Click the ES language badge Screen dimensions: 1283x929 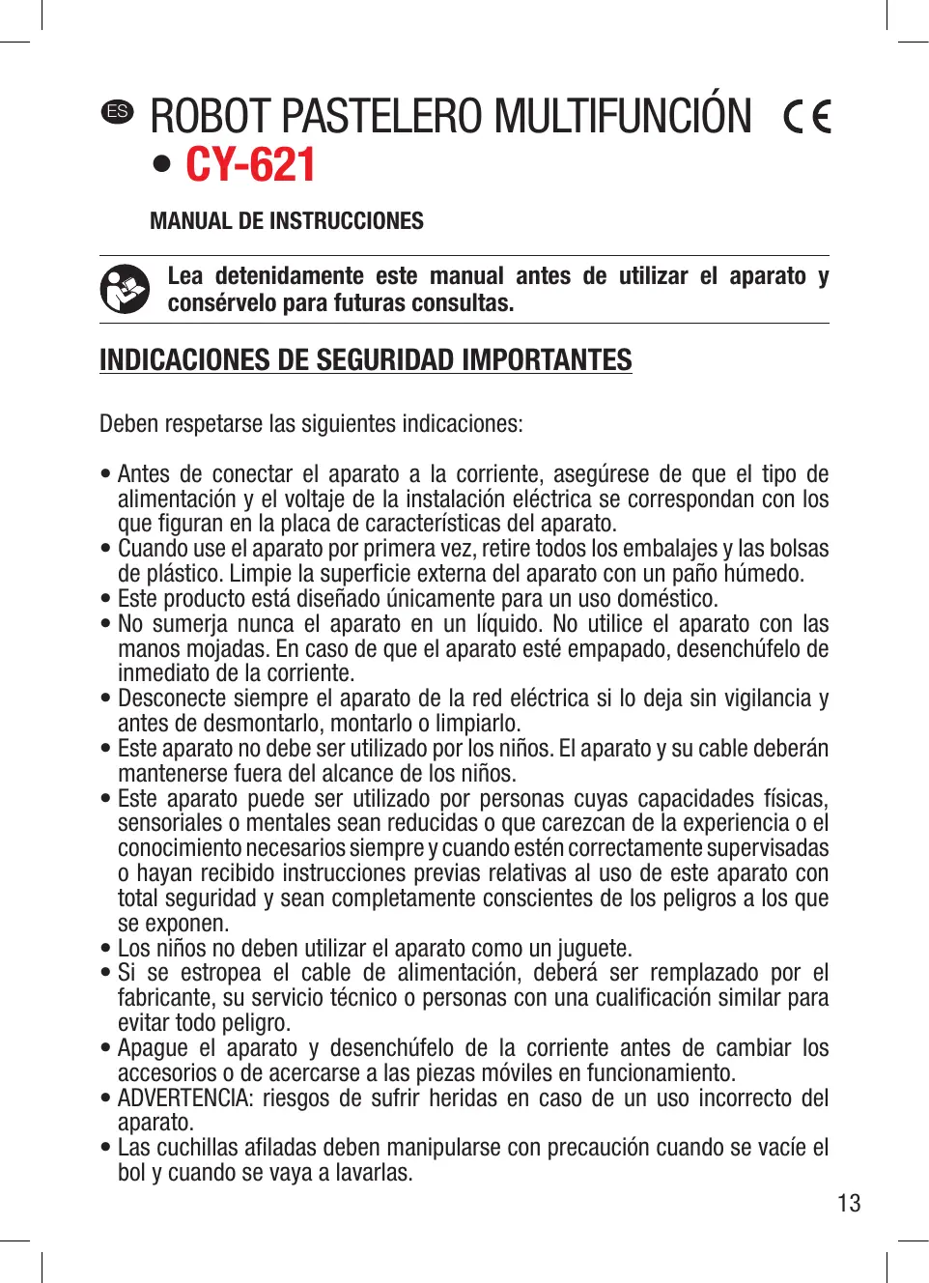click(118, 111)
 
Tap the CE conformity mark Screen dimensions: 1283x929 click(807, 117)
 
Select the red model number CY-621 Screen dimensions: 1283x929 click(250, 165)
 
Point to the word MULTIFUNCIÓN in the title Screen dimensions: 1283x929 click(623, 117)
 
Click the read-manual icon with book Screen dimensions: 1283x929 click(125, 289)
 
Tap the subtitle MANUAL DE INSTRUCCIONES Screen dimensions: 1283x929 click(287, 221)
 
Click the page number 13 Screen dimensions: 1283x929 click(849, 1204)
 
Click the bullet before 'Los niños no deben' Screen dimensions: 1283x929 click(105, 949)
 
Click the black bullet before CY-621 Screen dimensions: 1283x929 click(162, 165)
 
